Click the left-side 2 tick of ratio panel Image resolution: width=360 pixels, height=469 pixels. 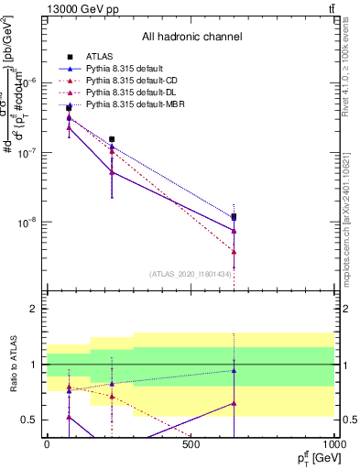tap(35, 310)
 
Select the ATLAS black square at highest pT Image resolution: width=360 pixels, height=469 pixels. tap(235, 217)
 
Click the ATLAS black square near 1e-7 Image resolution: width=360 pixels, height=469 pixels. tap(112, 139)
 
